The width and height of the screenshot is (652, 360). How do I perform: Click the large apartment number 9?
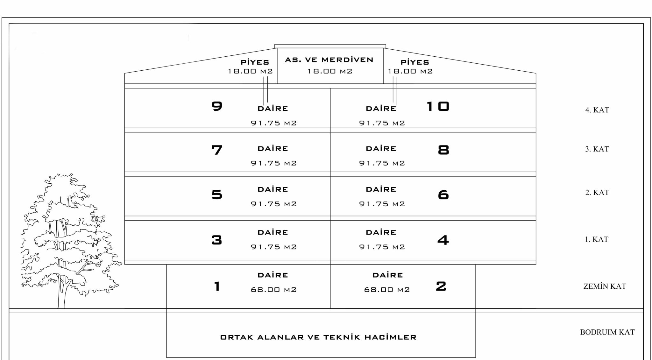217,106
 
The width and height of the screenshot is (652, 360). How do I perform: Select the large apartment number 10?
438,106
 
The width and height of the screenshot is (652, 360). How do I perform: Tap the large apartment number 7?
217,150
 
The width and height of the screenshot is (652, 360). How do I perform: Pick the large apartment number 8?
443,150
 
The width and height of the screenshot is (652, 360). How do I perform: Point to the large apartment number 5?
217,194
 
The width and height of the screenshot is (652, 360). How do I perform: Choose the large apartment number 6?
443,194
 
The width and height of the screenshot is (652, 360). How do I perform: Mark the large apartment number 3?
217,240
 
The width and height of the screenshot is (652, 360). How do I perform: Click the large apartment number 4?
443,240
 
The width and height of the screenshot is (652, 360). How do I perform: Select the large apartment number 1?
217,286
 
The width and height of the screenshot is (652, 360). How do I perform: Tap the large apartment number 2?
441,286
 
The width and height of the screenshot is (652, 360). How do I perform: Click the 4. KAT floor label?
597,110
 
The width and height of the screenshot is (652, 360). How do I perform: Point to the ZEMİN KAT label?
605,286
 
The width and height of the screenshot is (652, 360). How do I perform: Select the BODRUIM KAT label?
607,332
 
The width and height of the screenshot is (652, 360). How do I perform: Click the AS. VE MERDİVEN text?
329,60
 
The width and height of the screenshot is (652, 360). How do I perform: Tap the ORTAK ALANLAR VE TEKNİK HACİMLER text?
318,337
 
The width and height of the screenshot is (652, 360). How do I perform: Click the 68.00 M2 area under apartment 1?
274,290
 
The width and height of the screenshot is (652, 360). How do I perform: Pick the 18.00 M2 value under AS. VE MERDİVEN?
330,71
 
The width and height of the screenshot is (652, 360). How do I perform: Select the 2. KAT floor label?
597,193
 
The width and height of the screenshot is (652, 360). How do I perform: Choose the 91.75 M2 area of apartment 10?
382,123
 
